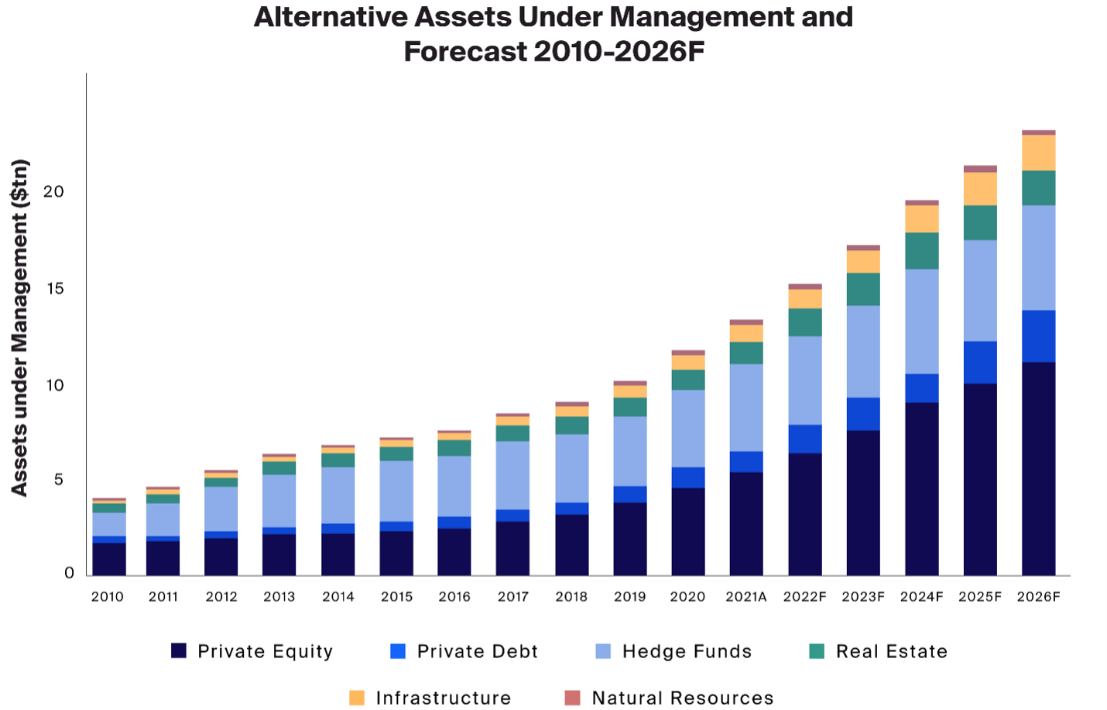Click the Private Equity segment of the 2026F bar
[1038, 468]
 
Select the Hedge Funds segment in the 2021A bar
[746, 407]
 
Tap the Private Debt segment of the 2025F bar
[980, 362]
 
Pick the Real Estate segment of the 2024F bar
[922, 251]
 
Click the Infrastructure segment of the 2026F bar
[1038, 153]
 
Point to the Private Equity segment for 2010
[108, 558]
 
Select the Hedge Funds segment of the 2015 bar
[396, 491]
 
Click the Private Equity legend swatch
[179, 651]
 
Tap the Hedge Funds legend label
[687, 652]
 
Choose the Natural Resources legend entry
[682, 698]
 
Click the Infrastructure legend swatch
[357, 698]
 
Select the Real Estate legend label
[891, 652]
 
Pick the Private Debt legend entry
[477, 652]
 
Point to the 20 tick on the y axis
[53, 191]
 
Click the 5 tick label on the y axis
[59, 480]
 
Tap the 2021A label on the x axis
[745, 597]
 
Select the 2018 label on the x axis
[571, 597]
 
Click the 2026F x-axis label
[1038, 597]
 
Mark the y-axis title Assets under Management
[19, 328]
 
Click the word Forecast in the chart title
[464, 52]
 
